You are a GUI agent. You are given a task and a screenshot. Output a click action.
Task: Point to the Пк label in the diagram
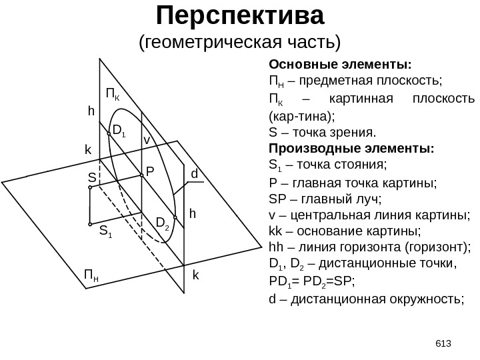click(113, 92)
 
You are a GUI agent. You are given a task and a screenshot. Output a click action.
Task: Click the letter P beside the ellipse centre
click(150, 171)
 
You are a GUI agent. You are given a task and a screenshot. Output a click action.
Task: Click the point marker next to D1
click(109, 132)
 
